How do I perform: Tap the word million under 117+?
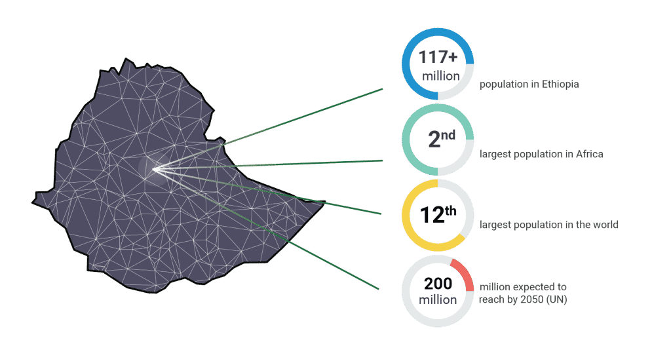[440, 77]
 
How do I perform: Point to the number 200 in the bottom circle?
[438, 284]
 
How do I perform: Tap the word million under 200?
[438, 300]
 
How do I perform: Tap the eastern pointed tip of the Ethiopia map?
[323, 205]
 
